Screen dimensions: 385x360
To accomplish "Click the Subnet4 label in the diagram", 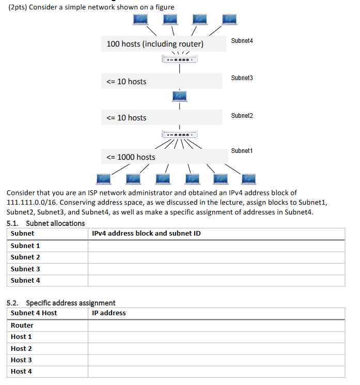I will [242, 40].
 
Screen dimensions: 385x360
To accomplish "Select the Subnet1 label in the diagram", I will [242, 151].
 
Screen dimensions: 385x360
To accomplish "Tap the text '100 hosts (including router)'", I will [155, 44].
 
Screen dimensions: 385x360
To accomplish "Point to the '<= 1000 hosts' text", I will [131, 157].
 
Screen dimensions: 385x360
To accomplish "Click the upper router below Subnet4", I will [179, 60].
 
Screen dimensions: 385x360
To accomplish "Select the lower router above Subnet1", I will [179, 134].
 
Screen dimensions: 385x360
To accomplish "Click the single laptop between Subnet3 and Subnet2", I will [179, 96].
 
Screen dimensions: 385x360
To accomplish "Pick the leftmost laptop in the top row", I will [140, 19].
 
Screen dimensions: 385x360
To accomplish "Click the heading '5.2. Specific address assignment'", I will [61, 303].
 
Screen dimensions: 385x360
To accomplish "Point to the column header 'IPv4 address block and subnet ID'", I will [146, 234].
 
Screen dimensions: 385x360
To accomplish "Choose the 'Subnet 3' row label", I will [25, 269].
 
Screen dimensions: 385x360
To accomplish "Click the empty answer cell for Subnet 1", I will [216, 246].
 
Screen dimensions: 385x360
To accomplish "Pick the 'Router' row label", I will [22, 326].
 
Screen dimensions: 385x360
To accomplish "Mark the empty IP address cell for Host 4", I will [216, 372].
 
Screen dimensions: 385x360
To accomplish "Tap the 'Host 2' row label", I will [21, 349].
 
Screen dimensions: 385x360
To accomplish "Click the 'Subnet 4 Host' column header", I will [34, 313].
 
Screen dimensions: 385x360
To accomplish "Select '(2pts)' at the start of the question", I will [19, 7].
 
